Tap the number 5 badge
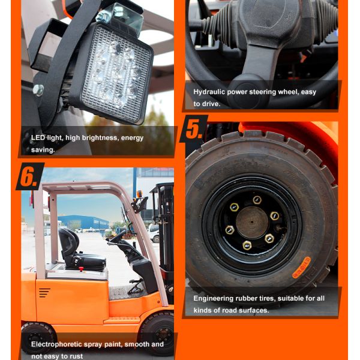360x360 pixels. click(193, 129)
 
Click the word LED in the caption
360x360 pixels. click(38, 138)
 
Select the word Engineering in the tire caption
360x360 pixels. click(215, 298)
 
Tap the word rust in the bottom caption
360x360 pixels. click(76, 356)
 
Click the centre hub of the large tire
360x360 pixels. click(252, 222)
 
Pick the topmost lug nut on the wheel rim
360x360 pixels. click(257, 200)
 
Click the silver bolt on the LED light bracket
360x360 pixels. click(38, 90)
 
